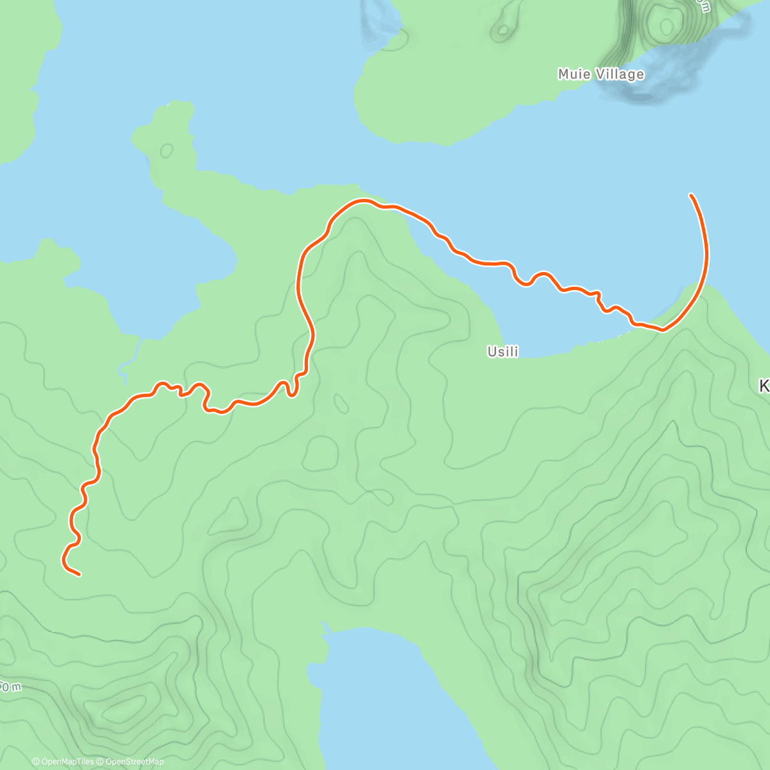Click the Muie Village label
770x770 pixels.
click(x=601, y=74)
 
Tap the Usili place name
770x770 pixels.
click(x=502, y=352)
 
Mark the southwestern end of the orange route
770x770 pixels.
click(x=79, y=575)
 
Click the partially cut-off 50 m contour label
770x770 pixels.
click(x=10, y=687)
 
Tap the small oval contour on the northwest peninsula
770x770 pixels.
click(x=167, y=151)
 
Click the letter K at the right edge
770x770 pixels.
click(x=764, y=386)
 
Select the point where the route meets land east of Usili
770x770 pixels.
click(x=663, y=330)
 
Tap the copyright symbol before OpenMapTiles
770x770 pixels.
click(x=36, y=762)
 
